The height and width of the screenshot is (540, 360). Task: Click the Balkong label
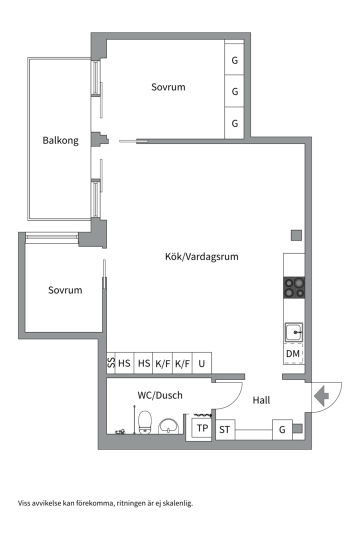(60, 140)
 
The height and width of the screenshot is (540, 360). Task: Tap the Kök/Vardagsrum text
(201, 256)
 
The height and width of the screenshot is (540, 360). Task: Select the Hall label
(261, 400)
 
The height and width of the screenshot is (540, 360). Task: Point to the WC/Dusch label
(160, 395)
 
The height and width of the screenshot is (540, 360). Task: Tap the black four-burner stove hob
(294, 287)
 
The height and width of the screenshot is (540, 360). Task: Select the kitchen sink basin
(294, 332)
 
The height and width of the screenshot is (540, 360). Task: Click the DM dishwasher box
(293, 353)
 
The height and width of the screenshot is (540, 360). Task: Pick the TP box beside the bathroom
(202, 428)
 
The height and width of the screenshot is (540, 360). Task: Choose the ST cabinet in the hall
(225, 429)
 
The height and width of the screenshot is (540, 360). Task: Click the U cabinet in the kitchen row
(201, 363)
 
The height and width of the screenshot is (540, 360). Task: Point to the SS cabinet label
(111, 363)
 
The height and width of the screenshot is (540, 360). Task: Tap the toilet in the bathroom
(144, 422)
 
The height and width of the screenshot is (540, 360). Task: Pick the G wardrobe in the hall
(282, 429)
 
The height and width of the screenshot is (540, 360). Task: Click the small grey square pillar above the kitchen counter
(296, 235)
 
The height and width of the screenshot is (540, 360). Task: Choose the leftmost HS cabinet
(124, 363)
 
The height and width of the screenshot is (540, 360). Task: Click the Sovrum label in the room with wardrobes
(168, 87)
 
